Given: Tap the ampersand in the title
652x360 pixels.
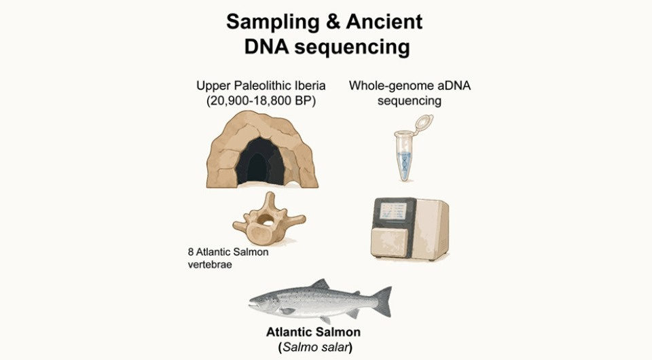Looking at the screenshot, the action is pos(333,22).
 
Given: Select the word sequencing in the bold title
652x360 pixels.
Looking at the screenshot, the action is pos(352,48).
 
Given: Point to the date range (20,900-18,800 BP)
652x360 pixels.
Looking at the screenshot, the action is pos(261,101).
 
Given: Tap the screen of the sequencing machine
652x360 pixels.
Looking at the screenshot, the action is pos(393,211).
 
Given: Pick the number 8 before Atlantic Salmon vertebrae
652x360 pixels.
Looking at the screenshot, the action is pos(191,252).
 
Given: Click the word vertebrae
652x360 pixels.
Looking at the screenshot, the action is pos(210,264).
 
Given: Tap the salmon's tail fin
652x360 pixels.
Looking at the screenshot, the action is pos(382,301).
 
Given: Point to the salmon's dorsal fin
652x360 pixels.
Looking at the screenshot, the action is pos(320,285).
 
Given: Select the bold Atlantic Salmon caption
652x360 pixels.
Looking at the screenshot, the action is pos(314,332).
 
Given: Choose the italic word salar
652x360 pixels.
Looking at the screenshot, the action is pos(335,347).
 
